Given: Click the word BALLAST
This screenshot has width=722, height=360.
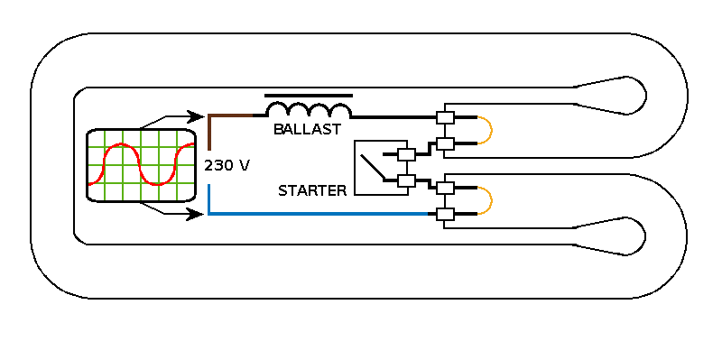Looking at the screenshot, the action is (x=307, y=129).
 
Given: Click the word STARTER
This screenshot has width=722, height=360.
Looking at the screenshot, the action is (x=312, y=190).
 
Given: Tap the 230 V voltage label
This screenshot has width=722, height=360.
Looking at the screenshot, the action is (x=227, y=166).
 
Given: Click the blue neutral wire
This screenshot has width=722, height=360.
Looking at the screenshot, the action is (x=318, y=214).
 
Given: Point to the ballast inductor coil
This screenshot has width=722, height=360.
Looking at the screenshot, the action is (x=309, y=110).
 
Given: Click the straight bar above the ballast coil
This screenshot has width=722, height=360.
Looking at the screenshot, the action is (x=309, y=96).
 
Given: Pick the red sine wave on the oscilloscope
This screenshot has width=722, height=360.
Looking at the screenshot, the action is (x=141, y=164).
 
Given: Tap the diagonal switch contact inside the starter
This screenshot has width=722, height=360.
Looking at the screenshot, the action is (x=373, y=167).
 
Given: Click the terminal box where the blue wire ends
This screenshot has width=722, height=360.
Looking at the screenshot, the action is (x=445, y=214).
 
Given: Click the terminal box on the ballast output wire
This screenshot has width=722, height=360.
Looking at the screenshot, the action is (x=445, y=117).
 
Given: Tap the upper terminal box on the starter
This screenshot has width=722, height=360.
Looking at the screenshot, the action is (x=406, y=154).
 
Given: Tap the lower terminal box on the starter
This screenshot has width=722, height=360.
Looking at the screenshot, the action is (x=406, y=181).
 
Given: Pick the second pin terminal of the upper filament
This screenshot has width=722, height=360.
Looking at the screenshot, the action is (x=445, y=143).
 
